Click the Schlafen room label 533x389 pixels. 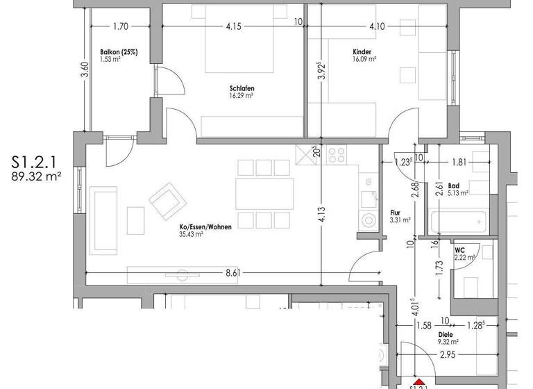(242, 88)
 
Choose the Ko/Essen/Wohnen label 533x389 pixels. (205, 226)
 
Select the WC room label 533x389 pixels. (460, 250)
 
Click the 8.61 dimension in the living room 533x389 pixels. (233, 273)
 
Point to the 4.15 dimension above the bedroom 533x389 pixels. (233, 27)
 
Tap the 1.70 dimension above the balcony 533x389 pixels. (120, 27)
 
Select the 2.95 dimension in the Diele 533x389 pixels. (446, 356)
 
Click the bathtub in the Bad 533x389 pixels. (458, 224)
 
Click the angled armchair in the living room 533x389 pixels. (168, 200)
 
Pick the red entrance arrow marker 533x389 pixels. (417, 383)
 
